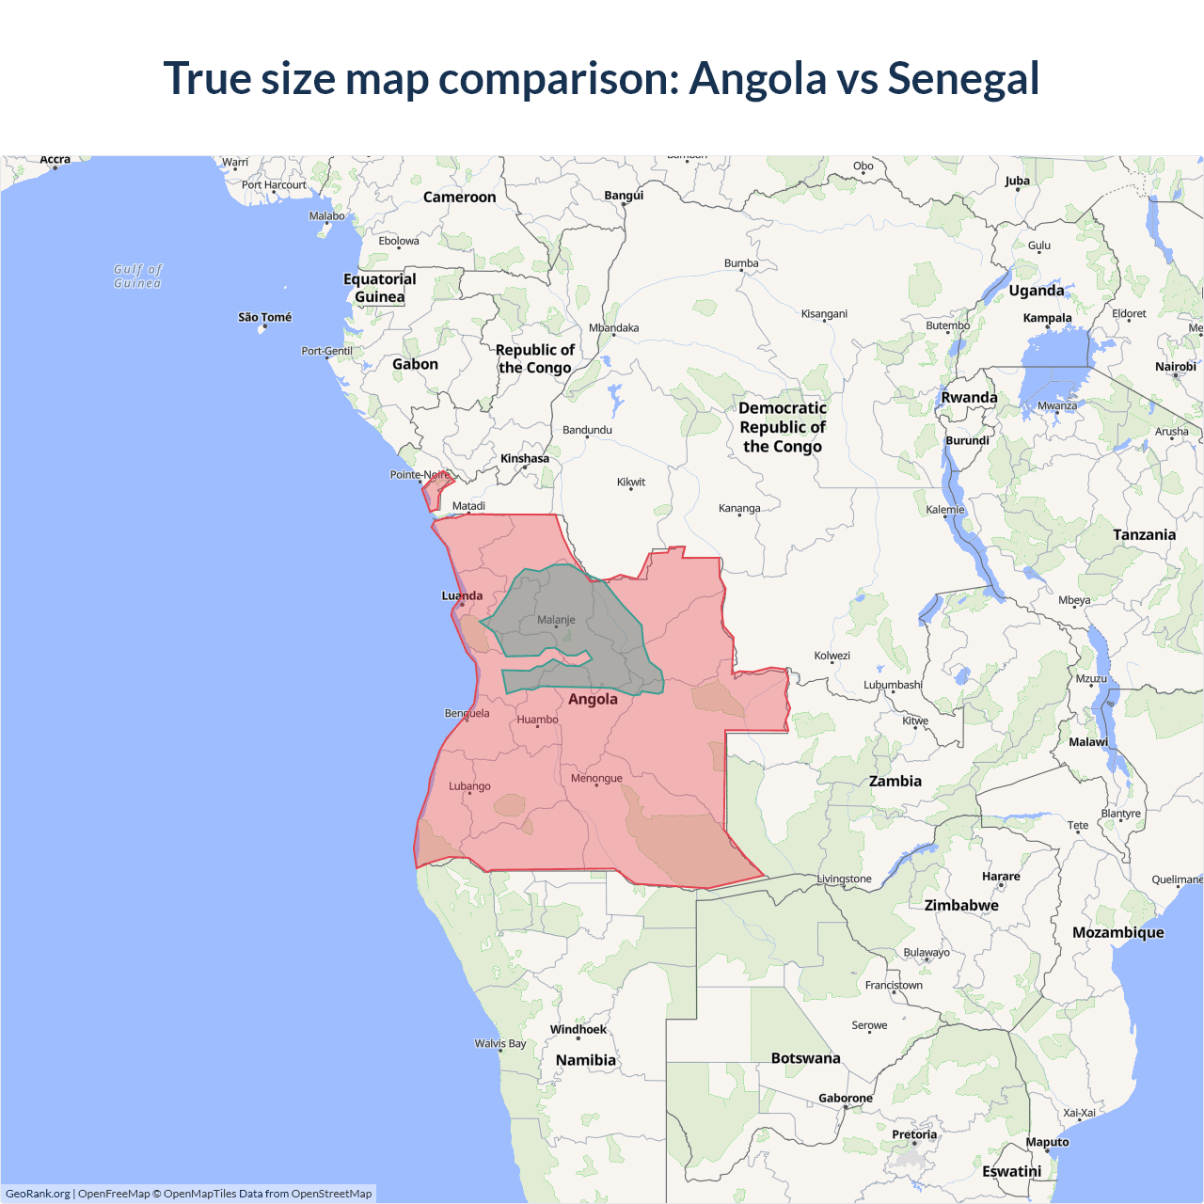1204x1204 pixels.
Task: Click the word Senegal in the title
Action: [x=963, y=78]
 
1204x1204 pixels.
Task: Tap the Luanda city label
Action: [x=462, y=595]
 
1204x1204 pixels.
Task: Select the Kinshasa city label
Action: [x=524, y=459]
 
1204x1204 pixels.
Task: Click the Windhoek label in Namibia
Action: [x=578, y=1029]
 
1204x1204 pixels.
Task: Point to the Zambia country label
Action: [x=895, y=781]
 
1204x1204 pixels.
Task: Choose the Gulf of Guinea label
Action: [x=137, y=276]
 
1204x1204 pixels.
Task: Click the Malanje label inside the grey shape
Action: [x=556, y=620]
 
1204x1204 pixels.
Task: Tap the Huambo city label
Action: [x=537, y=720]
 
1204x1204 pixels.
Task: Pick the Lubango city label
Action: [x=469, y=786]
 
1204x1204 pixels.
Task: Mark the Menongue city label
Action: [x=596, y=778]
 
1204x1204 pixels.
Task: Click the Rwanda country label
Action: [x=969, y=397]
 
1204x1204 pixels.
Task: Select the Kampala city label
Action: [x=1047, y=318]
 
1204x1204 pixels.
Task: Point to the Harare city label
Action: [x=1001, y=876]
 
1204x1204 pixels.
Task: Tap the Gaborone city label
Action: [x=845, y=1098]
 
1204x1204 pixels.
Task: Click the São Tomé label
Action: [x=264, y=317]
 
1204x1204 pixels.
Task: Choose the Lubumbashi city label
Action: [x=893, y=685]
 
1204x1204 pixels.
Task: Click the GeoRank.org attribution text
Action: [x=38, y=1194]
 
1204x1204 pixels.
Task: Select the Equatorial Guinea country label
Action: [x=379, y=288]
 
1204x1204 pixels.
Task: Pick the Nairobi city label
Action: [x=1175, y=367]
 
